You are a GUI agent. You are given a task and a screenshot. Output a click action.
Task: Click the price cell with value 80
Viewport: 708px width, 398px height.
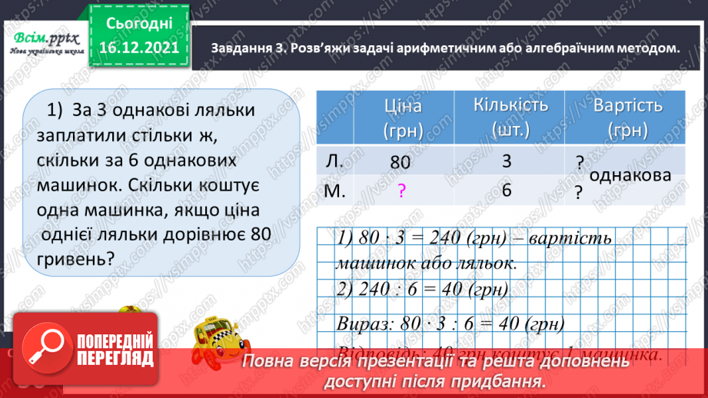pos(401,163)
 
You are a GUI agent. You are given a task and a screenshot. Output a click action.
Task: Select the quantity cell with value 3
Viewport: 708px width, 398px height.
pos(505,163)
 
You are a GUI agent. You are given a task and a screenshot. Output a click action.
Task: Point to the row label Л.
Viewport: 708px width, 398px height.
pos(334,161)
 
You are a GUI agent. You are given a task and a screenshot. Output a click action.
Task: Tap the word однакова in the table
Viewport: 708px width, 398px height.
pos(630,176)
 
